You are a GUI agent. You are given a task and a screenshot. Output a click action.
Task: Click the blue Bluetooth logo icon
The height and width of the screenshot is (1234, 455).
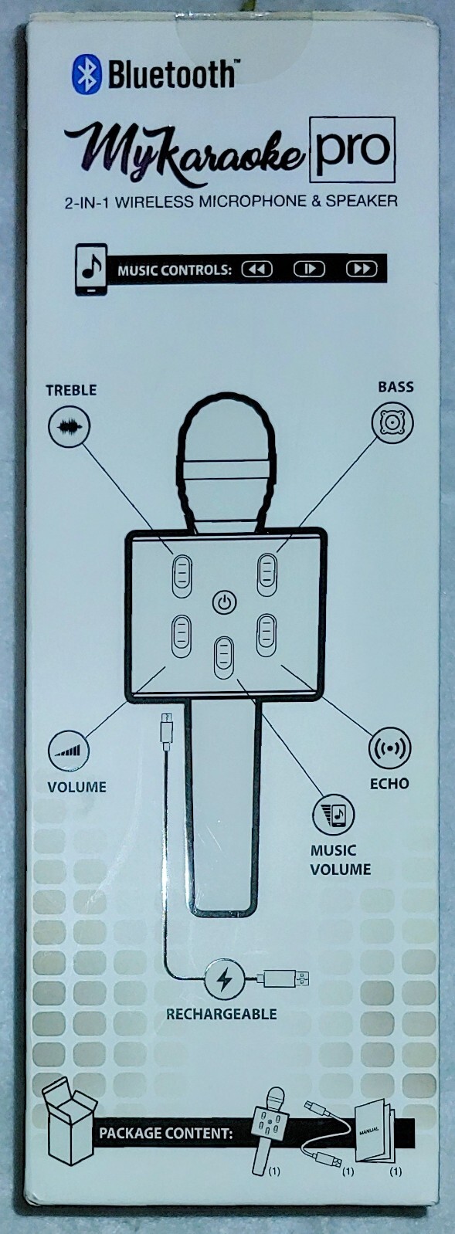[86, 74]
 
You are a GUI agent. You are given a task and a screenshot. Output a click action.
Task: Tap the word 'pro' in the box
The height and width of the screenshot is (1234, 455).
[352, 149]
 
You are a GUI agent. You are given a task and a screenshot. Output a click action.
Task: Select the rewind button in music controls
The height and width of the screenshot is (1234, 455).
[256, 270]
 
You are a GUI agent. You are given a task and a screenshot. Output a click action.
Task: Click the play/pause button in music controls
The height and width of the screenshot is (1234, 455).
[309, 269]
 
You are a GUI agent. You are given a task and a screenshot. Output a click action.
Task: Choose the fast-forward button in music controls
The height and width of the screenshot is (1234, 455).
[362, 269]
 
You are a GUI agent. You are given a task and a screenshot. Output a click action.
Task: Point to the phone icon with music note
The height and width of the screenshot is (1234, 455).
[91, 270]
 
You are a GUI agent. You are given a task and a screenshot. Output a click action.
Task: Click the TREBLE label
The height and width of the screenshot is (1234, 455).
[71, 390]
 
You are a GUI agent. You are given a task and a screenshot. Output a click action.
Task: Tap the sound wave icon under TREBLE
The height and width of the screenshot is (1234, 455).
[69, 426]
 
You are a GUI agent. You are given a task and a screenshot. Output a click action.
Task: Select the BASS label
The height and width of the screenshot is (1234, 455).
[396, 387]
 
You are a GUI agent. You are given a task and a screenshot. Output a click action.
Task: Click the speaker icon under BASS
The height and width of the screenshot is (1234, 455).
[392, 422]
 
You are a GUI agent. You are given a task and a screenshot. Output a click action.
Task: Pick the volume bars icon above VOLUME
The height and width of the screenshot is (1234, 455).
[69, 751]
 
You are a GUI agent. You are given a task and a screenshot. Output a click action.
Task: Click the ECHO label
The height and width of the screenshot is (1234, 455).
[389, 783]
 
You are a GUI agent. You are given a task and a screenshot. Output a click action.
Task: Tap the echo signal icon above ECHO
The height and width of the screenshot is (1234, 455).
[389, 748]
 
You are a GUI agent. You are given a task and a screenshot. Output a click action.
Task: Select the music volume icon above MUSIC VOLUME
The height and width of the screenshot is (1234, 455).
[334, 814]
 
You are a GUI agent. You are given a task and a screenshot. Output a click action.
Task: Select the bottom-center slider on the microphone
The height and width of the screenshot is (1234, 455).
[223, 658]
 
